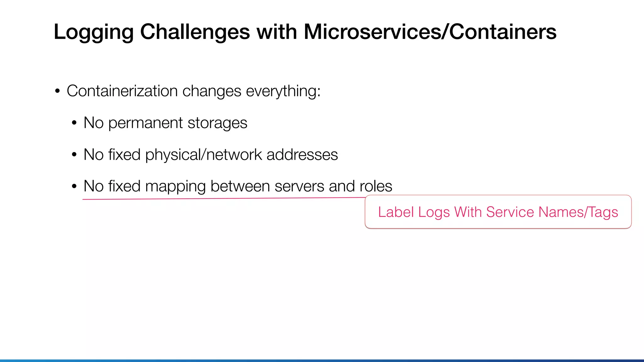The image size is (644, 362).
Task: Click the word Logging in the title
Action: [94, 32]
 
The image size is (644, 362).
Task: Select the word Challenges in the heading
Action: [195, 32]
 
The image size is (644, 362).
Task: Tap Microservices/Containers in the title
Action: [430, 32]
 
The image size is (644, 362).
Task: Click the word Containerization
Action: [122, 91]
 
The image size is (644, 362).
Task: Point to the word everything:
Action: [283, 91]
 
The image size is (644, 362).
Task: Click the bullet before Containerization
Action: [57, 91]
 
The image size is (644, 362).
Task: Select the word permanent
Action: [145, 123]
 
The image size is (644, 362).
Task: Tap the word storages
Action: [217, 123]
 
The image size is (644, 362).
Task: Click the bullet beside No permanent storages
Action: [74, 123]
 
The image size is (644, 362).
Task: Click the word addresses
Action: [302, 155]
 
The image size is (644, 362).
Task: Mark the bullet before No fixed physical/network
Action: [74, 155]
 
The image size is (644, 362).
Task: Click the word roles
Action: [376, 186]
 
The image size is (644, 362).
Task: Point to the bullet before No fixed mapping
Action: [74, 187]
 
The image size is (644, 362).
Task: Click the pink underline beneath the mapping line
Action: [220, 199]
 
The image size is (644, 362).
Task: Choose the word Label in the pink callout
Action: [396, 212]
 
